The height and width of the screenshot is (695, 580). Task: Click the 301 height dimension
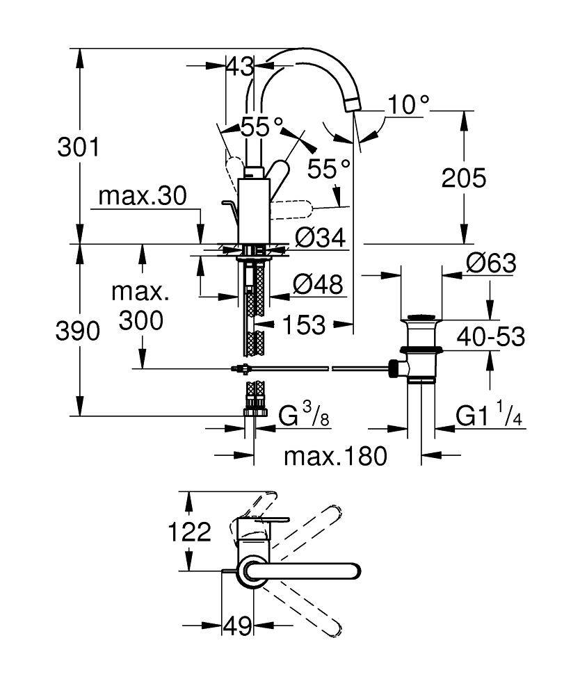click(x=78, y=148)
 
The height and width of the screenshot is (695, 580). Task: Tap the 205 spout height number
click(x=464, y=179)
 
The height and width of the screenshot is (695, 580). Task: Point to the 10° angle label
click(x=408, y=105)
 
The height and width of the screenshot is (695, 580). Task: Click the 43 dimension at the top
click(x=240, y=67)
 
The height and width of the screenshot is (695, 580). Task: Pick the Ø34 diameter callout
click(x=320, y=238)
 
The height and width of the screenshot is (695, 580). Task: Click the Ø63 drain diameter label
click(x=491, y=263)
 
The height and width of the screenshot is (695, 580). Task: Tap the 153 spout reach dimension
click(x=303, y=324)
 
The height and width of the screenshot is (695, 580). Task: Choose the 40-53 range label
click(x=490, y=337)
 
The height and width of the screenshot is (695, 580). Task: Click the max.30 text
click(x=142, y=197)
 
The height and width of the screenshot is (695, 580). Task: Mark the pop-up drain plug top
click(x=421, y=320)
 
